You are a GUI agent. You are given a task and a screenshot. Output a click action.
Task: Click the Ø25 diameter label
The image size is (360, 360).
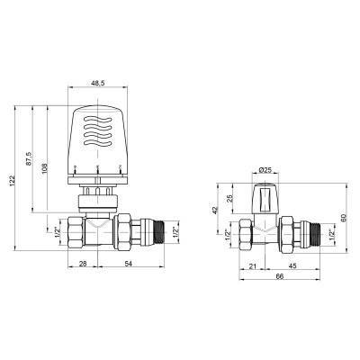(x=265, y=170)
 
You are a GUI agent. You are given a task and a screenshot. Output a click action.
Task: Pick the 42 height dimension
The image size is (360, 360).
(x=215, y=209)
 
